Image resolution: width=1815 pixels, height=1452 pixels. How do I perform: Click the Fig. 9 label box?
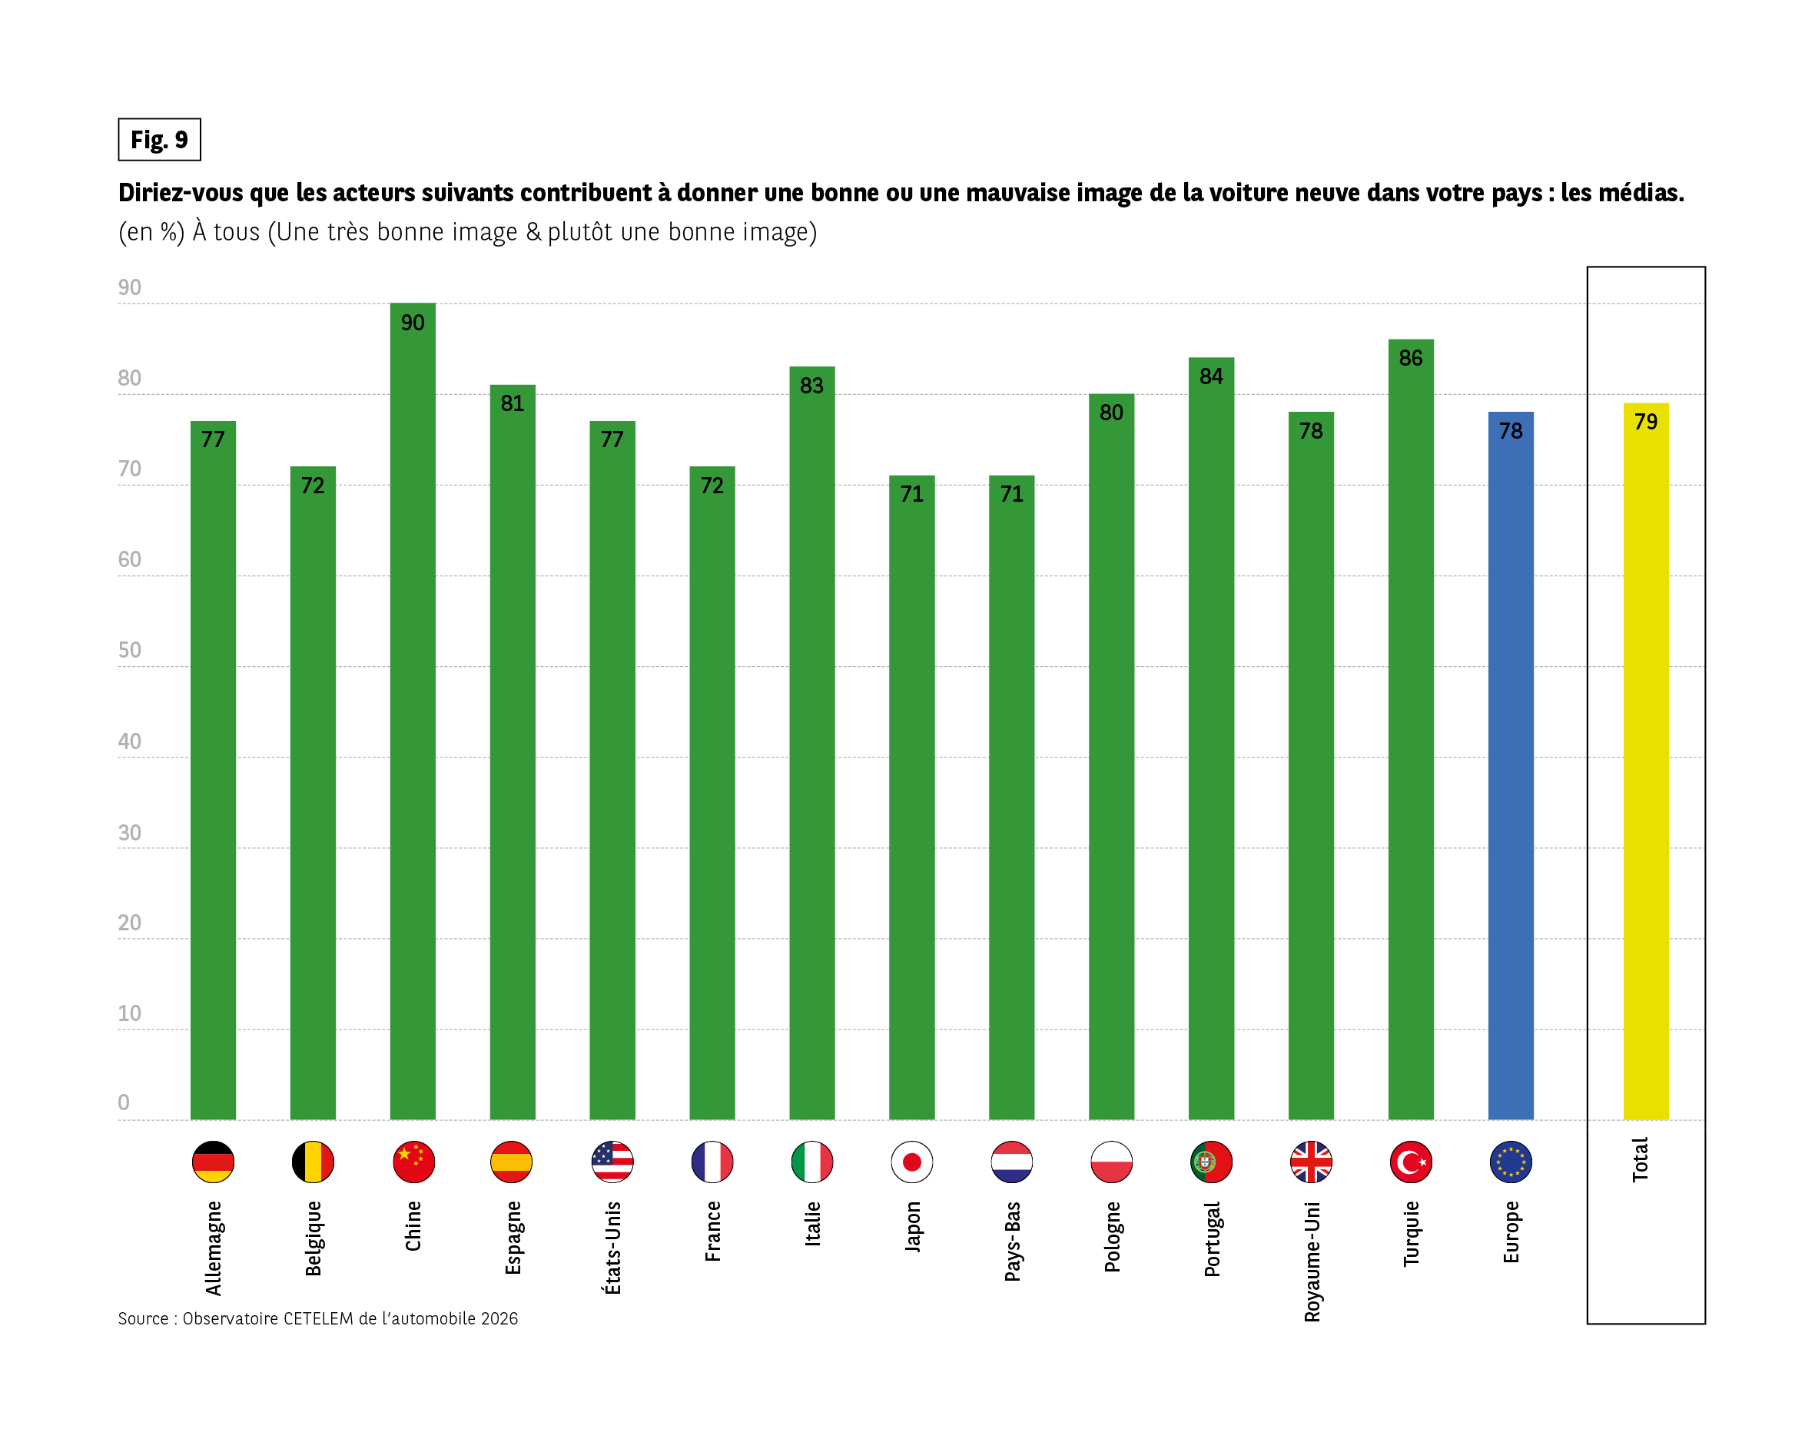159,140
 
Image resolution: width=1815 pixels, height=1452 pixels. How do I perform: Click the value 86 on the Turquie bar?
1411,358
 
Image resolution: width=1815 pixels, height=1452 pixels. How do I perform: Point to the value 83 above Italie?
811,386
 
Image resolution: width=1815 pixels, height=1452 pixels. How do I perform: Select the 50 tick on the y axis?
130,650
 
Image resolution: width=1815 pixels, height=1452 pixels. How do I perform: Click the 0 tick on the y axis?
124,1102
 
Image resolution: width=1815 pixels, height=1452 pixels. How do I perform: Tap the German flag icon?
213,1162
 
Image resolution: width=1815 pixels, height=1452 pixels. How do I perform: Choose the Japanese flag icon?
911,1162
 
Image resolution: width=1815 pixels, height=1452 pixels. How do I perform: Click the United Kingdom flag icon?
1311,1162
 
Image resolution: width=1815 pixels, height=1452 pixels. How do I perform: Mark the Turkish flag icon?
1411,1162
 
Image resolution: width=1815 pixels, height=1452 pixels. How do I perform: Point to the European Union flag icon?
1510,1162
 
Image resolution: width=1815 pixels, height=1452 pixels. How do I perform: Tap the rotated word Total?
1640,1160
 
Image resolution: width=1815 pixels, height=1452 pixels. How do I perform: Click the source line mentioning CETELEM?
317,1318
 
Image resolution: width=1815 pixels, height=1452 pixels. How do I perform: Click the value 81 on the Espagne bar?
512,403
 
